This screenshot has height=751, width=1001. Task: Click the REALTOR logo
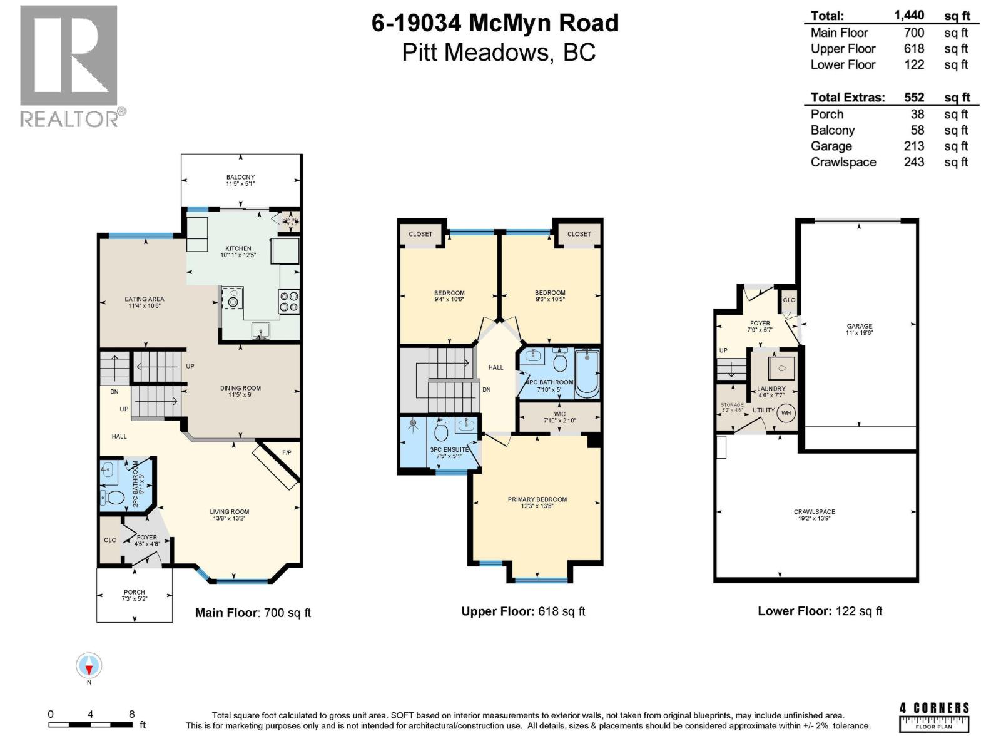tap(69, 66)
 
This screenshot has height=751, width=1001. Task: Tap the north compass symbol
tap(89, 666)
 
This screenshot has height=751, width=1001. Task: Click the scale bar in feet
tap(91, 725)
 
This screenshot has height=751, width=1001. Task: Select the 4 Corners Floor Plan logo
tap(934, 717)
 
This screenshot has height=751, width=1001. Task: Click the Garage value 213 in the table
tap(913, 146)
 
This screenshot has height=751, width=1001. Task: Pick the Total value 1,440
tap(909, 16)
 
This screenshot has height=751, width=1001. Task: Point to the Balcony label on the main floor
tap(240, 178)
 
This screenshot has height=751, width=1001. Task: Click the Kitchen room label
tap(238, 248)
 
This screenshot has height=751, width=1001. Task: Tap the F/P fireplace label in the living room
tap(287, 452)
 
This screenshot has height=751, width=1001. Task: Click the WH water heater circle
tap(786, 413)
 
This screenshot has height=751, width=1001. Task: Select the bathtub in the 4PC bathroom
tap(587, 374)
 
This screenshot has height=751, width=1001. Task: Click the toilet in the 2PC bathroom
tap(115, 498)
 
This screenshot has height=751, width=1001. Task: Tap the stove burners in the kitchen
tap(289, 302)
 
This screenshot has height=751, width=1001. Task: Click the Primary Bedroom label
tap(537, 499)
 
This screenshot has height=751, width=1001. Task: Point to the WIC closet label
tap(559, 414)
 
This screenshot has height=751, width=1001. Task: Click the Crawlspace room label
tap(814, 512)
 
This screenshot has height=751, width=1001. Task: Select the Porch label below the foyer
tap(134, 592)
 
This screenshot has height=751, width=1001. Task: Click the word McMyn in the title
tap(509, 23)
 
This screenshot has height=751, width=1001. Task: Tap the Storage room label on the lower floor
tap(731, 405)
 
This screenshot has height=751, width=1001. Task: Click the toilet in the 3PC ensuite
tap(441, 431)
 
